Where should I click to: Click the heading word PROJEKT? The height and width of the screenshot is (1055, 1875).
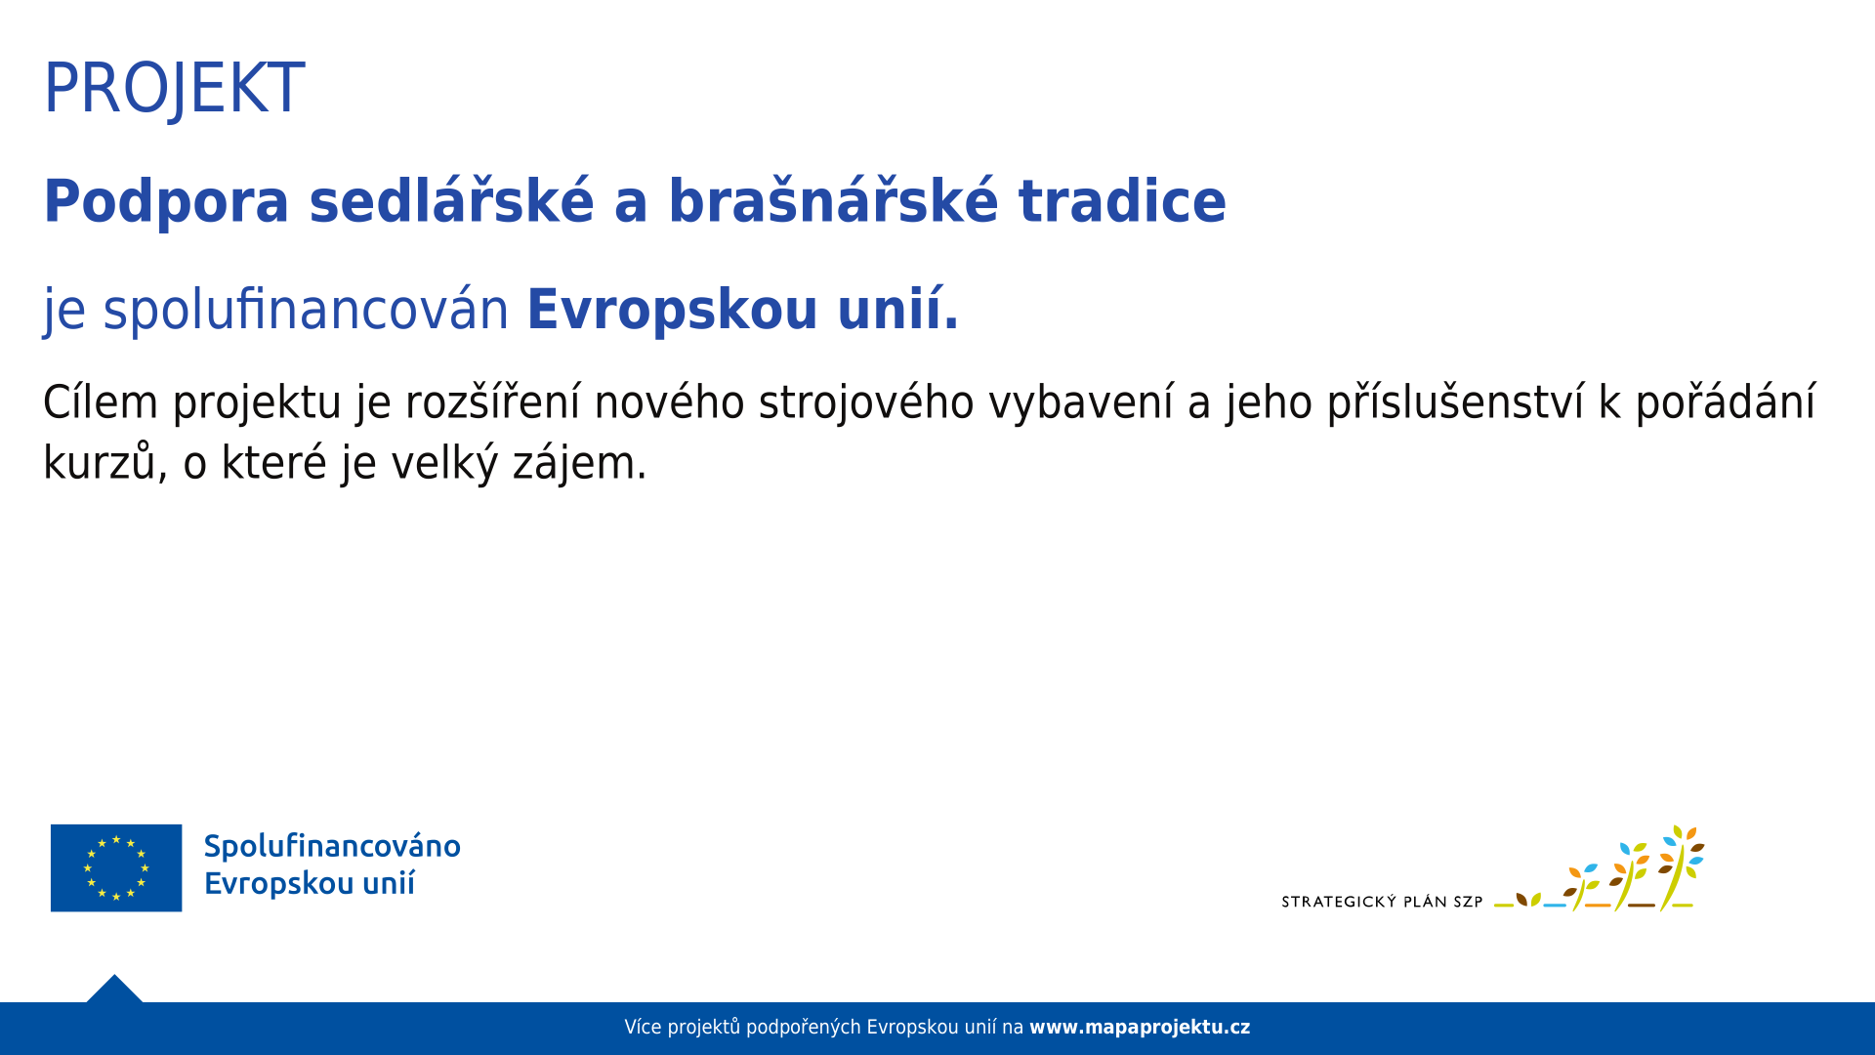(x=174, y=89)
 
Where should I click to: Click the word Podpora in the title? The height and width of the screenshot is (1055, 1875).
(x=166, y=202)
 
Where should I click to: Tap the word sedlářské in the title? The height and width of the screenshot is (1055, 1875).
(x=451, y=199)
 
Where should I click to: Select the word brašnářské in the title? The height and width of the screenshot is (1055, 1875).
(x=833, y=199)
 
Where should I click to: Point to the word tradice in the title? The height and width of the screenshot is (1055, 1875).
(x=1122, y=201)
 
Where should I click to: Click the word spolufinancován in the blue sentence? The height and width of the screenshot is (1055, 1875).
(x=306, y=311)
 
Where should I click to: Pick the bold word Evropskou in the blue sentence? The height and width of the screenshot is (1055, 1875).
(x=672, y=311)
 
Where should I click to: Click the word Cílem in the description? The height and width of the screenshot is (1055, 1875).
(x=101, y=401)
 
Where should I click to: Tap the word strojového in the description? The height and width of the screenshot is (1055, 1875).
(x=866, y=403)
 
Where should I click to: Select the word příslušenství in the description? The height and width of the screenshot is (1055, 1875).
(x=1455, y=403)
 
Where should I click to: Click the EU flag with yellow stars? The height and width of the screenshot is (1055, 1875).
(x=116, y=867)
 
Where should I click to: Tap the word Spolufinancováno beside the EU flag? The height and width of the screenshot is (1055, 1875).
(x=332, y=846)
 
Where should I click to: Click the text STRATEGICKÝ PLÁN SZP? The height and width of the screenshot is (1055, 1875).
(x=1382, y=902)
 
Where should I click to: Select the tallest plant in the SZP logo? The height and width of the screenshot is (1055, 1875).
(x=1678, y=867)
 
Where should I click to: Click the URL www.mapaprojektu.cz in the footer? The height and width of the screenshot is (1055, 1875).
(x=1140, y=1028)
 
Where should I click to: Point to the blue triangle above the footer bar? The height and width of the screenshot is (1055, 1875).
(x=114, y=990)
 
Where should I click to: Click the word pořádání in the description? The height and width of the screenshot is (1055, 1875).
(x=1726, y=403)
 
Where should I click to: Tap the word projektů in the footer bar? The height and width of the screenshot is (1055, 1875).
(x=704, y=1028)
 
